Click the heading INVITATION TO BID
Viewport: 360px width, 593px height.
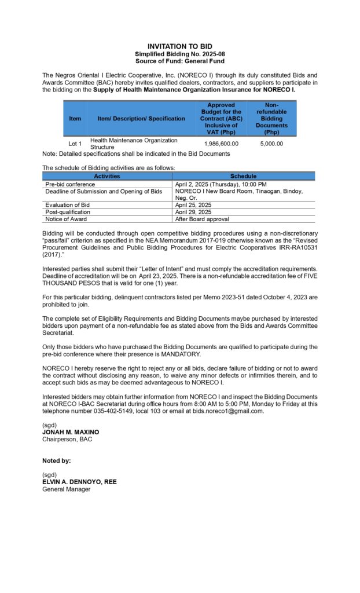click(x=179, y=46)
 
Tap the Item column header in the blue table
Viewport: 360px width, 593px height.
click(x=75, y=119)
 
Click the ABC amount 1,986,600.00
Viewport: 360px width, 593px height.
click(x=221, y=144)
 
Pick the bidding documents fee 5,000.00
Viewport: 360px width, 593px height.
click(x=271, y=144)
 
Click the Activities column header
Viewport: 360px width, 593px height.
click(x=107, y=176)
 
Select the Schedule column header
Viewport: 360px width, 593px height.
click(x=243, y=176)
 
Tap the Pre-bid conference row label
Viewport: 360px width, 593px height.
click(x=71, y=184)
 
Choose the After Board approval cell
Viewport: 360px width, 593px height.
click(x=202, y=219)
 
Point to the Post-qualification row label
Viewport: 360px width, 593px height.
click(x=68, y=212)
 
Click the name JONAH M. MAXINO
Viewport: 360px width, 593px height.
click(x=70, y=432)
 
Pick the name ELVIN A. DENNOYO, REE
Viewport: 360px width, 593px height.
click(x=79, y=482)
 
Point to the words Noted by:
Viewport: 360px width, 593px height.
click(x=57, y=461)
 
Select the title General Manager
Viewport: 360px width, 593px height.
click(x=67, y=489)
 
